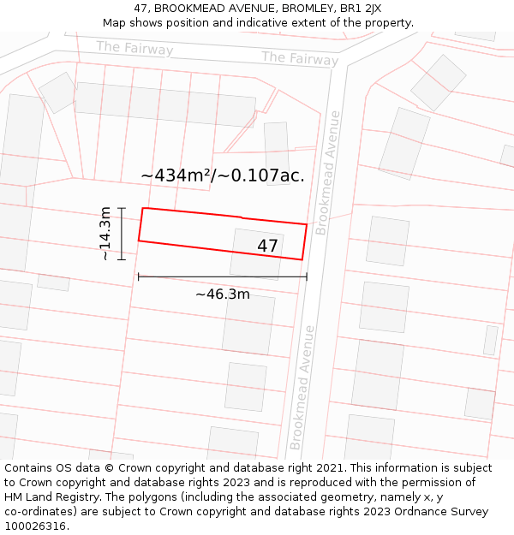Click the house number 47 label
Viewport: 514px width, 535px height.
coord(267,247)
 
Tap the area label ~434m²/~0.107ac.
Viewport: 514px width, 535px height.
coord(223,175)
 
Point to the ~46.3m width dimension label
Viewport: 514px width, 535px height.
coord(223,294)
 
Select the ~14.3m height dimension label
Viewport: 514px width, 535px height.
coord(105,233)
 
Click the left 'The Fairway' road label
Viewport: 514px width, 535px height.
coord(134,48)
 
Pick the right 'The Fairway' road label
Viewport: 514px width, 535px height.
coord(300,58)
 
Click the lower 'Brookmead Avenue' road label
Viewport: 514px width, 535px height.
coord(302,387)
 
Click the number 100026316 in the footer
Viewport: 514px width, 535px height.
coord(37,526)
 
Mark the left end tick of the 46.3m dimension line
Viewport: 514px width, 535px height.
coord(139,276)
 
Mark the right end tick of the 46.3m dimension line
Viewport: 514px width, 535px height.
coord(307,276)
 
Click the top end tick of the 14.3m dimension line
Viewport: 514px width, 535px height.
coord(122,208)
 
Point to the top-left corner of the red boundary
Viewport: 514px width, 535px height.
coord(143,208)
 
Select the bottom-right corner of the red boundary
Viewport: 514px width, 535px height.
coord(302,259)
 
